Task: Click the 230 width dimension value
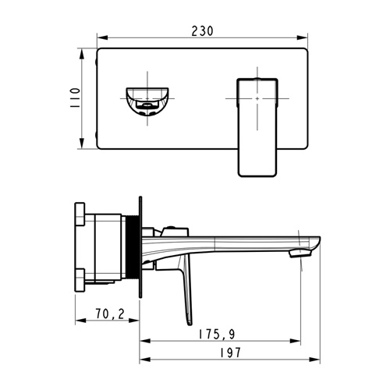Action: (x=202, y=31)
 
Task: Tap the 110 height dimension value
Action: (x=75, y=98)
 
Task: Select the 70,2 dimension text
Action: (x=110, y=314)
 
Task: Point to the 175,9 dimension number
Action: (x=217, y=334)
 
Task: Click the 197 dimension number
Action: (x=230, y=353)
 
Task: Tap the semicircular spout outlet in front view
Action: (x=147, y=101)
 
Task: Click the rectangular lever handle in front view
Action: (x=257, y=127)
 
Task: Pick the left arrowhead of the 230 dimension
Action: (x=102, y=38)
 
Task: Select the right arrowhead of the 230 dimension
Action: (x=303, y=38)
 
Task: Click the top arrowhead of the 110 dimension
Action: (x=82, y=55)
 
